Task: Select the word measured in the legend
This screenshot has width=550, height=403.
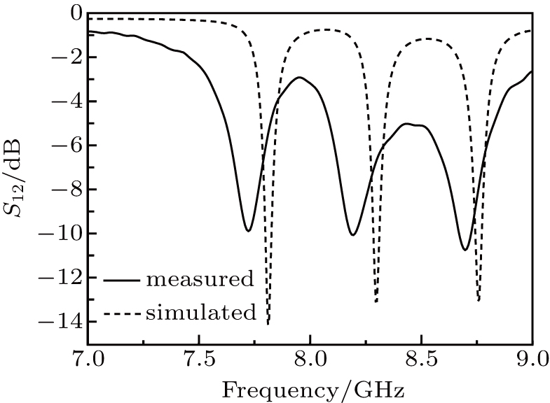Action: point(199,280)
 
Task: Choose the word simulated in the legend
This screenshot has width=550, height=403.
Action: point(200,312)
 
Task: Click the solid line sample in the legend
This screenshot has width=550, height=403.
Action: point(122,281)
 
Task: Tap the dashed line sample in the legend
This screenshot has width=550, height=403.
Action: point(122,313)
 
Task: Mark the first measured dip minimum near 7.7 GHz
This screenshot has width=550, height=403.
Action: point(247,230)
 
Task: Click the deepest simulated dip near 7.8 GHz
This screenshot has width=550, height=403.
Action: point(268,323)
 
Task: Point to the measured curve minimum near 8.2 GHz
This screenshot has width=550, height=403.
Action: point(352,234)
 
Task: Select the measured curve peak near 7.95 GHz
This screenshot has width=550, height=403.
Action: point(300,78)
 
